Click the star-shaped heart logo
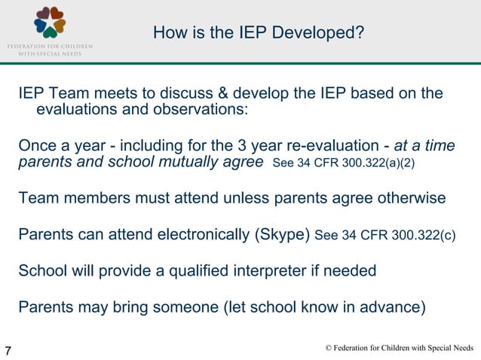(50, 22)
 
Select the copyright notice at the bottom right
(399, 348)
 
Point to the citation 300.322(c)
(425, 235)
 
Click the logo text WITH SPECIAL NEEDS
(50, 53)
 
